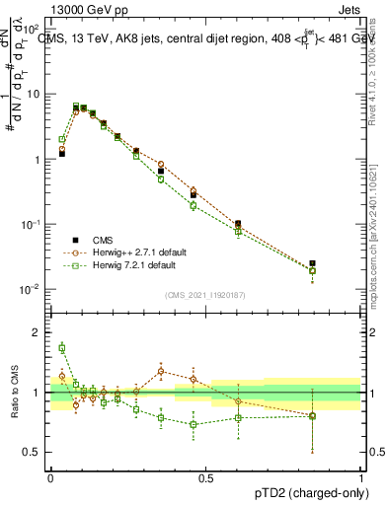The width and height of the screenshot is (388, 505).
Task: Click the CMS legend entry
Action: (x=102, y=240)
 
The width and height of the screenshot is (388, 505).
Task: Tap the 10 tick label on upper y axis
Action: (x=32, y=94)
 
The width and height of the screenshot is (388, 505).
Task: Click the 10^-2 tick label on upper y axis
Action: (x=30, y=289)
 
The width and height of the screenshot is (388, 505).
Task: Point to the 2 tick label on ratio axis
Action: (x=39, y=332)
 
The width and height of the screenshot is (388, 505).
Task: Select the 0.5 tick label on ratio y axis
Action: (x=34, y=453)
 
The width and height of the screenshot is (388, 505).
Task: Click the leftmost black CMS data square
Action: (x=61, y=154)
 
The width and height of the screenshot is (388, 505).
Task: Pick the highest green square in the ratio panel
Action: (x=61, y=347)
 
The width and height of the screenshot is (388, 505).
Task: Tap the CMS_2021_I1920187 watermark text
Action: (x=205, y=295)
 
